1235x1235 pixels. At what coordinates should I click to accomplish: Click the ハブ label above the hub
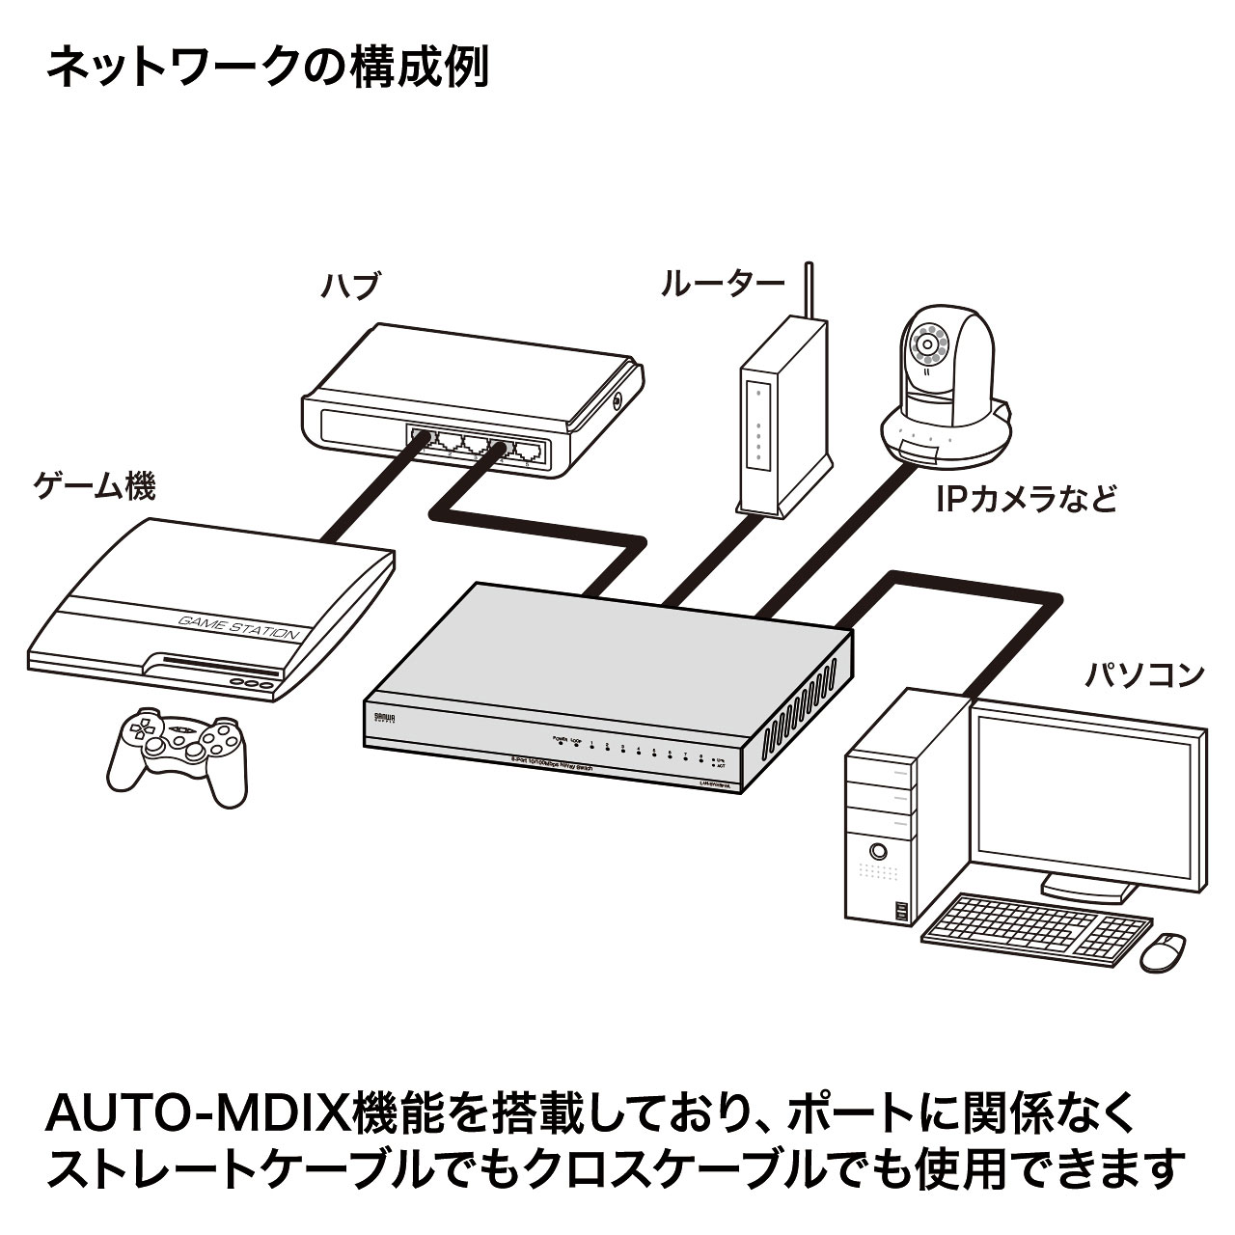pos(351,287)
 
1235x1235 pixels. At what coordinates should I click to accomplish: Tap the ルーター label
pos(723,284)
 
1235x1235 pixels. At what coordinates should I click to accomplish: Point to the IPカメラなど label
pos(1026,499)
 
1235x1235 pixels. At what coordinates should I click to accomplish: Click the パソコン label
pos(1145,672)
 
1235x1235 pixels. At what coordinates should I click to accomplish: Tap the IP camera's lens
pos(929,342)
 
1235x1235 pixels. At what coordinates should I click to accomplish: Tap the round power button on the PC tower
pos(878,852)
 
